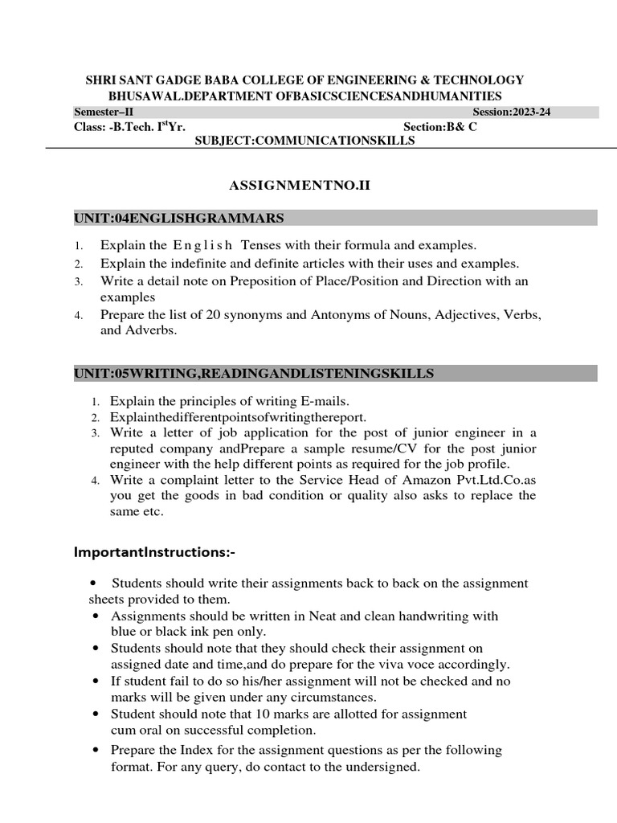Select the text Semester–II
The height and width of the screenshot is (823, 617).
pyautogui.click(x=104, y=112)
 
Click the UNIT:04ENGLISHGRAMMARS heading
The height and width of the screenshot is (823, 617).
pyautogui.click(x=178, y=218)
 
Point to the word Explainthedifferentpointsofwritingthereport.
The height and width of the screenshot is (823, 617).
pyautogui.click(x=238, y=416)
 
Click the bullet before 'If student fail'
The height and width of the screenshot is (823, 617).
pyautogui.click(x=96, y=681)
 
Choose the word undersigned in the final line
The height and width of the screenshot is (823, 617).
pyautogui.click(x=382, y=767)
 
